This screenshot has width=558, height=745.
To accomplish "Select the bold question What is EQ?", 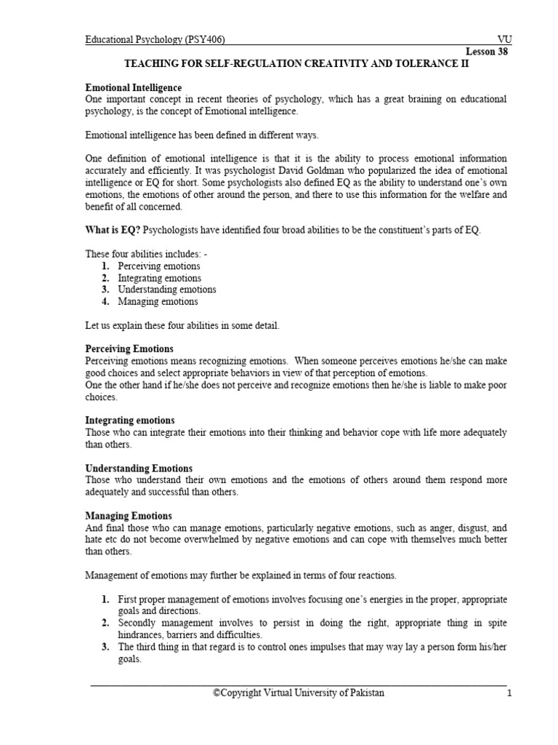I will [x=113, y=231].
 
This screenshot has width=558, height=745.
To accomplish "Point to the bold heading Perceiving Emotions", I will [x=129, y=349].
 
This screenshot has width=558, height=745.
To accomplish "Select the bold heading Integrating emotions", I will [x=129, y=421].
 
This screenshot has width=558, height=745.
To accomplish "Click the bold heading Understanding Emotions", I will [x=139, y=469].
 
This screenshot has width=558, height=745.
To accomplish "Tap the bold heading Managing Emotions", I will [x=129, y=516].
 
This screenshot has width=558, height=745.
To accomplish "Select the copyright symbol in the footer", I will [x=217, y=693].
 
